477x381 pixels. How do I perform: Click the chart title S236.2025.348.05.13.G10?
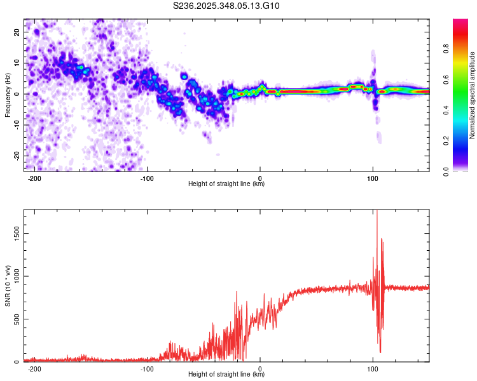(x=226, y=6)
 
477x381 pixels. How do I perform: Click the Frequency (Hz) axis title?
(x=8, y=94)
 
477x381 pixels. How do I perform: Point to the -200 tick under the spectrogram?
(x=35, y=178)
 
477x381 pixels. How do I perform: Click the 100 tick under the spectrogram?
(x=373, y=178)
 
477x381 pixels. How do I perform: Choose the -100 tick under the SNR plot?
(x=147, y=369)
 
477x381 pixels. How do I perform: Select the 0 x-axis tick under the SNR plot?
(x=260, y=369)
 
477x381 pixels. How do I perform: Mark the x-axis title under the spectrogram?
(x=226, y=185)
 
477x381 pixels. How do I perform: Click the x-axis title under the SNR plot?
(x=226, y=375)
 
